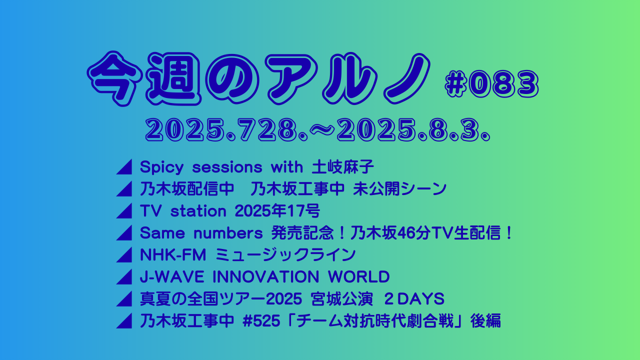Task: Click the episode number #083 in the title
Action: (x=491, y=84)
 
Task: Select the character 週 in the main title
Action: (x=173, y=78)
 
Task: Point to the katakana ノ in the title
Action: (x=407, y=78)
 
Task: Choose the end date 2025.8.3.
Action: (x=413, y=130)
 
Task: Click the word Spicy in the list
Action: (x=161, y=167)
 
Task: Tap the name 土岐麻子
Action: (x=342, y=167)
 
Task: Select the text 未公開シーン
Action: (x=399, y=189)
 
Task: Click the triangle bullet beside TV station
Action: (x=124, y=211)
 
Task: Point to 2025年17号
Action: (x=277, y=211)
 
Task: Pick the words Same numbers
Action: (x=201, y=233)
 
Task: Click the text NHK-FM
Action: (x=173, y=255)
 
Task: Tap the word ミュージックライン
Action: (x=285, y=255)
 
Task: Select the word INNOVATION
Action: (x=265, y=277)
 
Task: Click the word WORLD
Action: (x=358, y=277)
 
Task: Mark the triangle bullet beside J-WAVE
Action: (x=124, y=277)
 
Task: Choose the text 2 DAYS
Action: (x=414, y=299)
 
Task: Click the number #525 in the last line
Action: (x=261, y=321)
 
